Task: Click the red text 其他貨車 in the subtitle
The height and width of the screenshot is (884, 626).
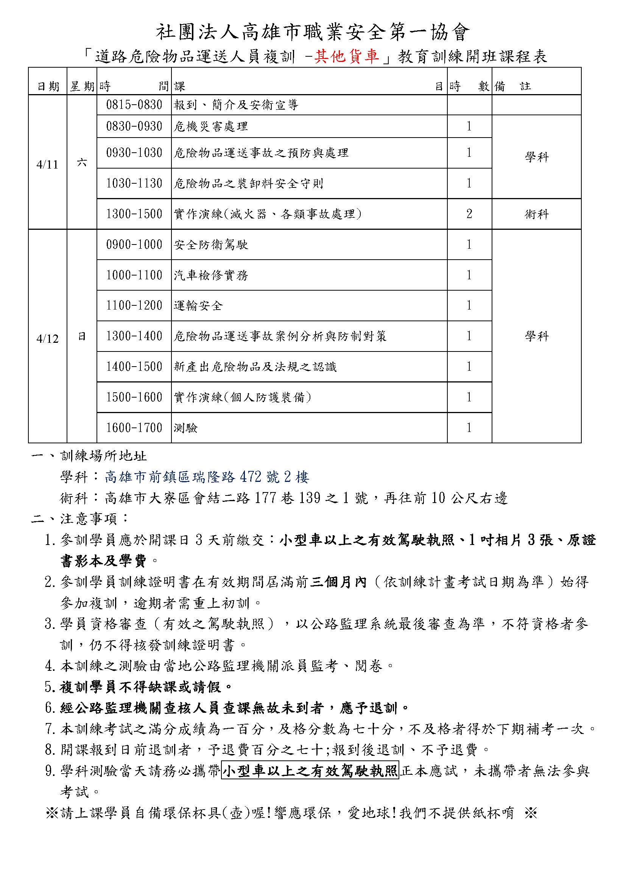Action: click(347, 57)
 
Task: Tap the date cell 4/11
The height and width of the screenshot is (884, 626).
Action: click(47, 165)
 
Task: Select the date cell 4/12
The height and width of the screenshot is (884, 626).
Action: click(47, 339)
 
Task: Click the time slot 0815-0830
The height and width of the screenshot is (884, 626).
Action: click(134, 105)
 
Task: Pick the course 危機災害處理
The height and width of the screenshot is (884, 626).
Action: click(210, 126)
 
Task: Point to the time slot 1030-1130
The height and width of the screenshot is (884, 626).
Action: click(134, 183)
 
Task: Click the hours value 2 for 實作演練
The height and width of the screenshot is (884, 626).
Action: click(469, 214)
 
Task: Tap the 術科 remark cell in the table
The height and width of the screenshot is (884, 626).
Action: click(536, 214)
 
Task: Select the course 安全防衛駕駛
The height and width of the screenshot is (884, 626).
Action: click(210, 245)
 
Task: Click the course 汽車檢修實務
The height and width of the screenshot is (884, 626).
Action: click(210, 275)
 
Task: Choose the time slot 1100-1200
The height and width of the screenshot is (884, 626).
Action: click(134, 305)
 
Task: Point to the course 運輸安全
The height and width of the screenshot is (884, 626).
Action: click(198, 306)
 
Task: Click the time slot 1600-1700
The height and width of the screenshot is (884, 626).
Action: click(134, 428)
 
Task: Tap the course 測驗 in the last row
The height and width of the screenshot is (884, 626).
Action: click(185, 428)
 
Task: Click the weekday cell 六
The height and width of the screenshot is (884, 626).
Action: click(82, 163)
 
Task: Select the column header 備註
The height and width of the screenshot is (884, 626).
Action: click(513, 86)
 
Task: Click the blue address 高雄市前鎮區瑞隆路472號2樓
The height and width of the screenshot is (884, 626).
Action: click(207, 477)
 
